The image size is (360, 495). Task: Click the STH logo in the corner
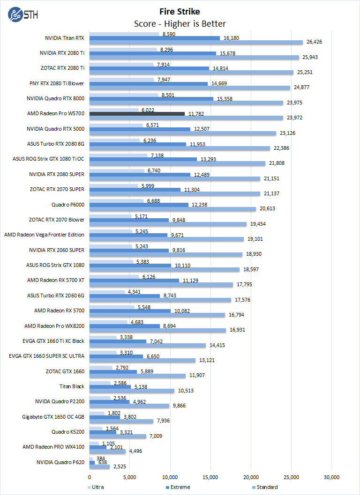click(21, 14)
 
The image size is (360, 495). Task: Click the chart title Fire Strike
click(180, 12)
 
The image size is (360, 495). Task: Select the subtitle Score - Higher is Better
click(180, 23)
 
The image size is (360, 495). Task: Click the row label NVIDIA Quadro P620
click(60, 462)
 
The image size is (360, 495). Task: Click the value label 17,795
click(244, 285)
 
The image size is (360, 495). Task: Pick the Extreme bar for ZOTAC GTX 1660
click(113, 371)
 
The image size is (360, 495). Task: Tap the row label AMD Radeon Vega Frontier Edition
click(44, 235)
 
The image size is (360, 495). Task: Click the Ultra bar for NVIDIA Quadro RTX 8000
click(124, 95)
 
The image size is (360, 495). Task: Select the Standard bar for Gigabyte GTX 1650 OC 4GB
click(121, 421)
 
